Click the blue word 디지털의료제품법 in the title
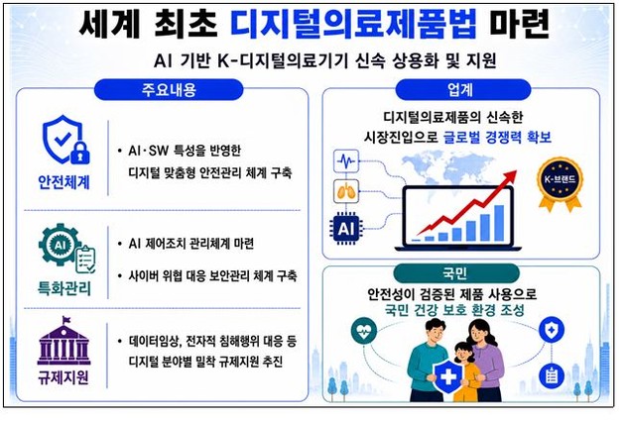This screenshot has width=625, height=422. (353, 25)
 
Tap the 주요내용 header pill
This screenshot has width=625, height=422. (169, 89)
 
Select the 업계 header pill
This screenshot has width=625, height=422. (462, 89)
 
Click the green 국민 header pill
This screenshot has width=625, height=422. (456, 273)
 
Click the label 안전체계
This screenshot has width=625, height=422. (64, 182)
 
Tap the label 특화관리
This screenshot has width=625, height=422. (64, 288)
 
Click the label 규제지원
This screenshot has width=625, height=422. (63, 377)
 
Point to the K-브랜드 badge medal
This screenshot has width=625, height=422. (560, 183)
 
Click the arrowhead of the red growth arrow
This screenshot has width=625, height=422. (511, 176)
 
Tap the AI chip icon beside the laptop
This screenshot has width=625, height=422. (345, 229)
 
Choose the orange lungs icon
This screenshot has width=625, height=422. (345, 191)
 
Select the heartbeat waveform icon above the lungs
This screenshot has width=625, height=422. (345, 161)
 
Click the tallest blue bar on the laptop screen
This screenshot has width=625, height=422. (499, 223)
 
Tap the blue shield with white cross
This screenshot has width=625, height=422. (448, 376)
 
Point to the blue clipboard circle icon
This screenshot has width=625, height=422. (552, 375)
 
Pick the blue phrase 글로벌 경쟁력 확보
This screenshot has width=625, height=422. (497, 138)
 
